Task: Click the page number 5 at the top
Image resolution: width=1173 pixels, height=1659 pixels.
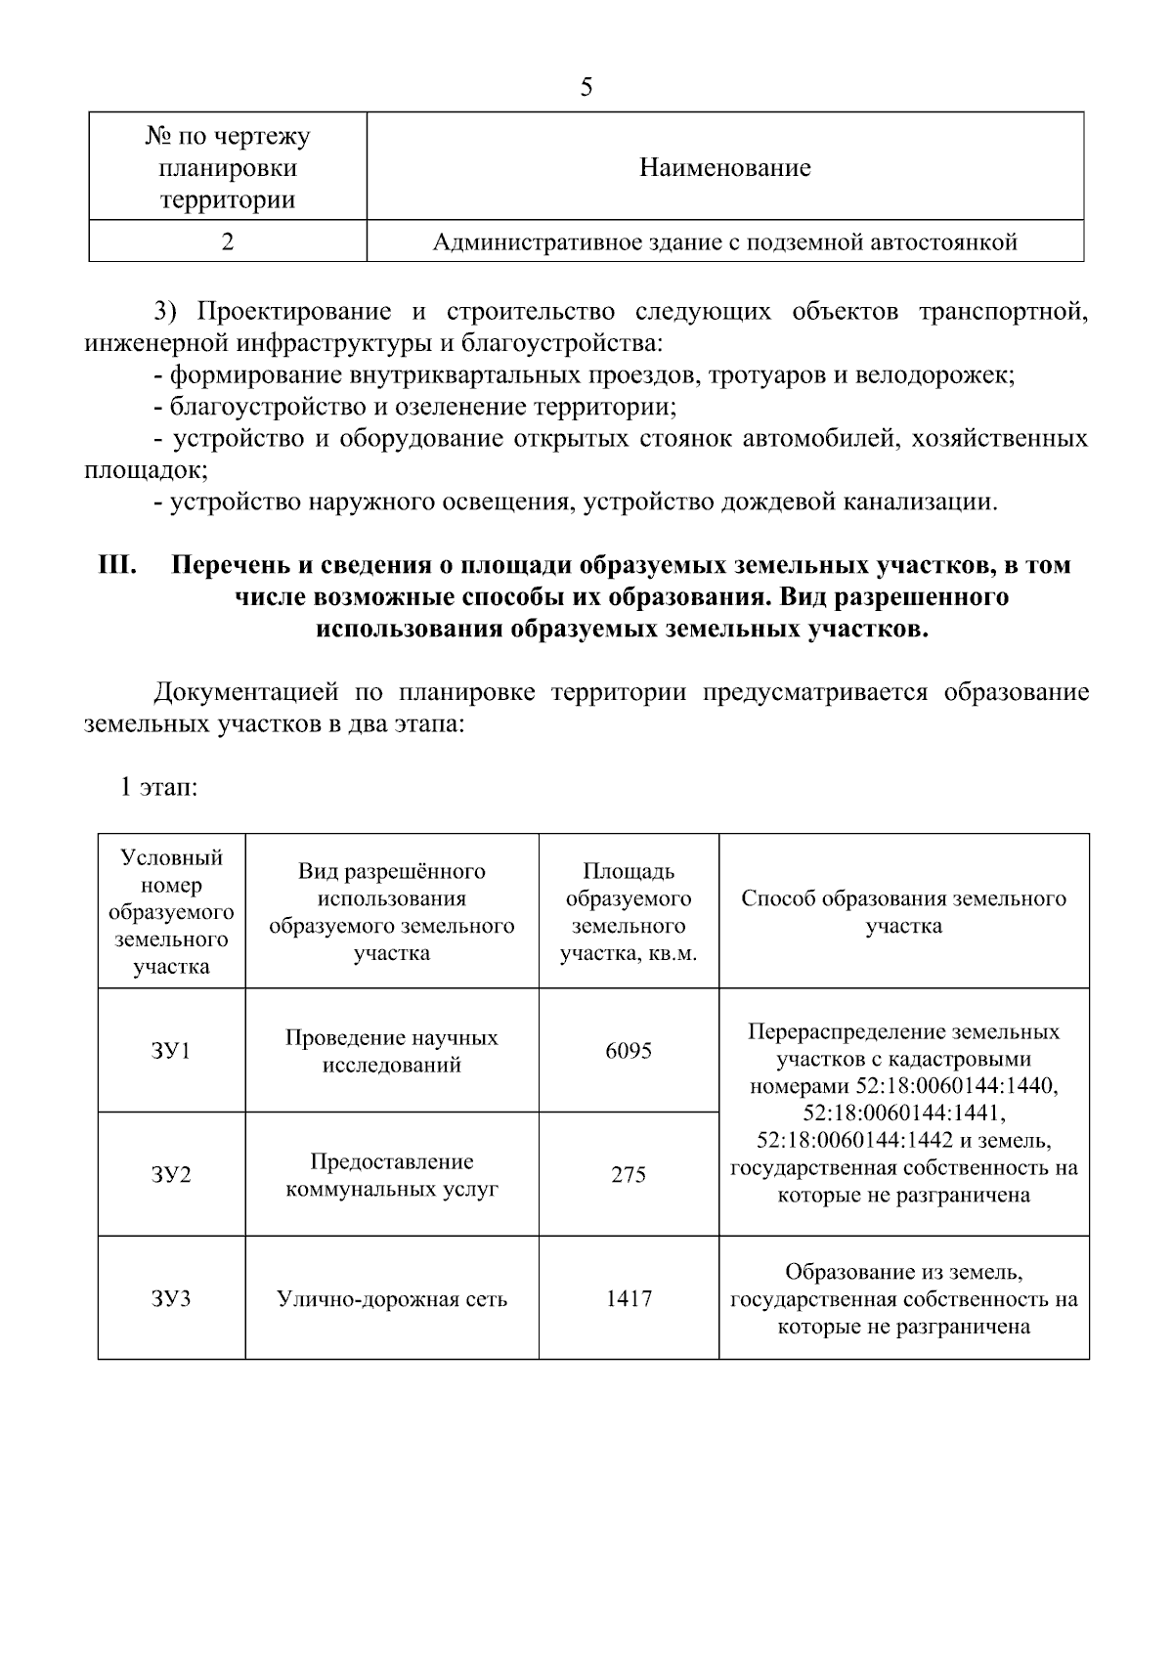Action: coord(586,87)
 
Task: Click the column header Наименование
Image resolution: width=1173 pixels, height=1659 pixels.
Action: coord(724,168)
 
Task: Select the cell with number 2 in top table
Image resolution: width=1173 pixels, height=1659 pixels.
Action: coord(227,241)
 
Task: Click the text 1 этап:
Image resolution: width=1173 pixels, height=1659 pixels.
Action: coord(158,787)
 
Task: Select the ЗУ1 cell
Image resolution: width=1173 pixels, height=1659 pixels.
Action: coord(171,1051)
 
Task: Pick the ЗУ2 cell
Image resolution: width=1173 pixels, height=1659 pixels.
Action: coord(171,1174)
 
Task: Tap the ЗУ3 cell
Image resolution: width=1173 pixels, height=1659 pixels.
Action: coord(171,1298)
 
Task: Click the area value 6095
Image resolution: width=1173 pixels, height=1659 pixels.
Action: coord(628,1051)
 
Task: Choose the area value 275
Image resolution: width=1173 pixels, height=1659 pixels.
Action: coord(628,1174)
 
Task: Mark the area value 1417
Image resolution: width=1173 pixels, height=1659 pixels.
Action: coord(628,1298)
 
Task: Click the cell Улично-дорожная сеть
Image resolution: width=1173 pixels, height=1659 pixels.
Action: coord(392,1299)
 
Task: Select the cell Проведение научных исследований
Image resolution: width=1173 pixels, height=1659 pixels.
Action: coord(392,1051)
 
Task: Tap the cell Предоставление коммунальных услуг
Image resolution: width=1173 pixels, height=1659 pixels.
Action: coord(392,1175)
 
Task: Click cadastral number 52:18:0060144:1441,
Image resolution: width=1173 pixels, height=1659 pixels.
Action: coord(903,1113)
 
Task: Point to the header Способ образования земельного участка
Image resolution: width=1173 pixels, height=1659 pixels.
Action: coord(903,911)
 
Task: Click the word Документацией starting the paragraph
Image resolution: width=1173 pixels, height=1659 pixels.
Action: coord(246,693)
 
